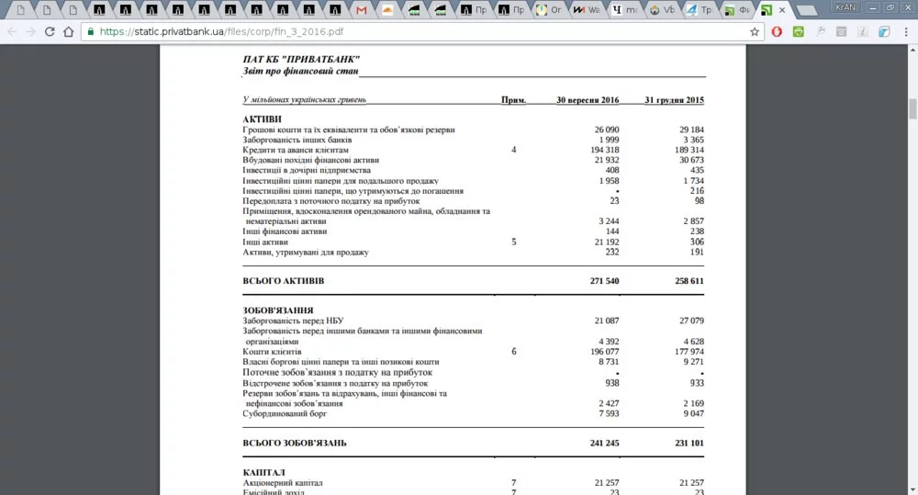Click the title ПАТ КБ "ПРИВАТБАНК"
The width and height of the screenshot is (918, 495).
(301, 60)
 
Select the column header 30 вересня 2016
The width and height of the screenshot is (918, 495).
(588, 99)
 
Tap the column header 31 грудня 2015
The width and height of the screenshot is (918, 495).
(675, 99)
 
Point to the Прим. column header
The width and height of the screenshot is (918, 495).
(514, 99)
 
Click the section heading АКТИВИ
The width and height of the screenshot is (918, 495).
(263, 119)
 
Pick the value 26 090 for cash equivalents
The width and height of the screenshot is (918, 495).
(606, 129)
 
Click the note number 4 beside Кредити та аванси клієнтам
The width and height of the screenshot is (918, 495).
(514, 150)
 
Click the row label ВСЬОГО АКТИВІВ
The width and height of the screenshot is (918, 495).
(284, 280)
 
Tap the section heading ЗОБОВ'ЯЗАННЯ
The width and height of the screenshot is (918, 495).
(278, 310)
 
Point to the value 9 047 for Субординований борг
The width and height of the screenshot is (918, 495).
(691, 413)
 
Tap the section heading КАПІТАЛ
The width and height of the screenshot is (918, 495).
(265, 472)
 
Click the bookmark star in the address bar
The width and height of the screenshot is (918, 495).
(755, 31)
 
